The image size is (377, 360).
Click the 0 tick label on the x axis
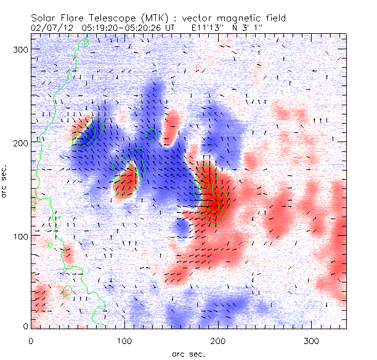(31, 340)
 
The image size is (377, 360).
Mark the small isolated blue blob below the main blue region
(182, 228)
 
